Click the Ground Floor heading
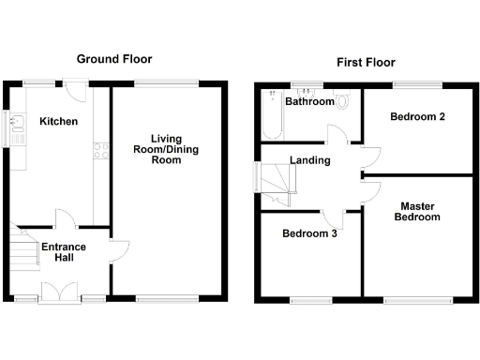point(115,58)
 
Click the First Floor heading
point(366,63)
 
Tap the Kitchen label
point(58,122)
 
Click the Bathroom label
point(309,101)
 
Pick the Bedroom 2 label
point(416,117)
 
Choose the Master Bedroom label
point(418,211)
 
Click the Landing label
point(310,160)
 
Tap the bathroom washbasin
point(309,92)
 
